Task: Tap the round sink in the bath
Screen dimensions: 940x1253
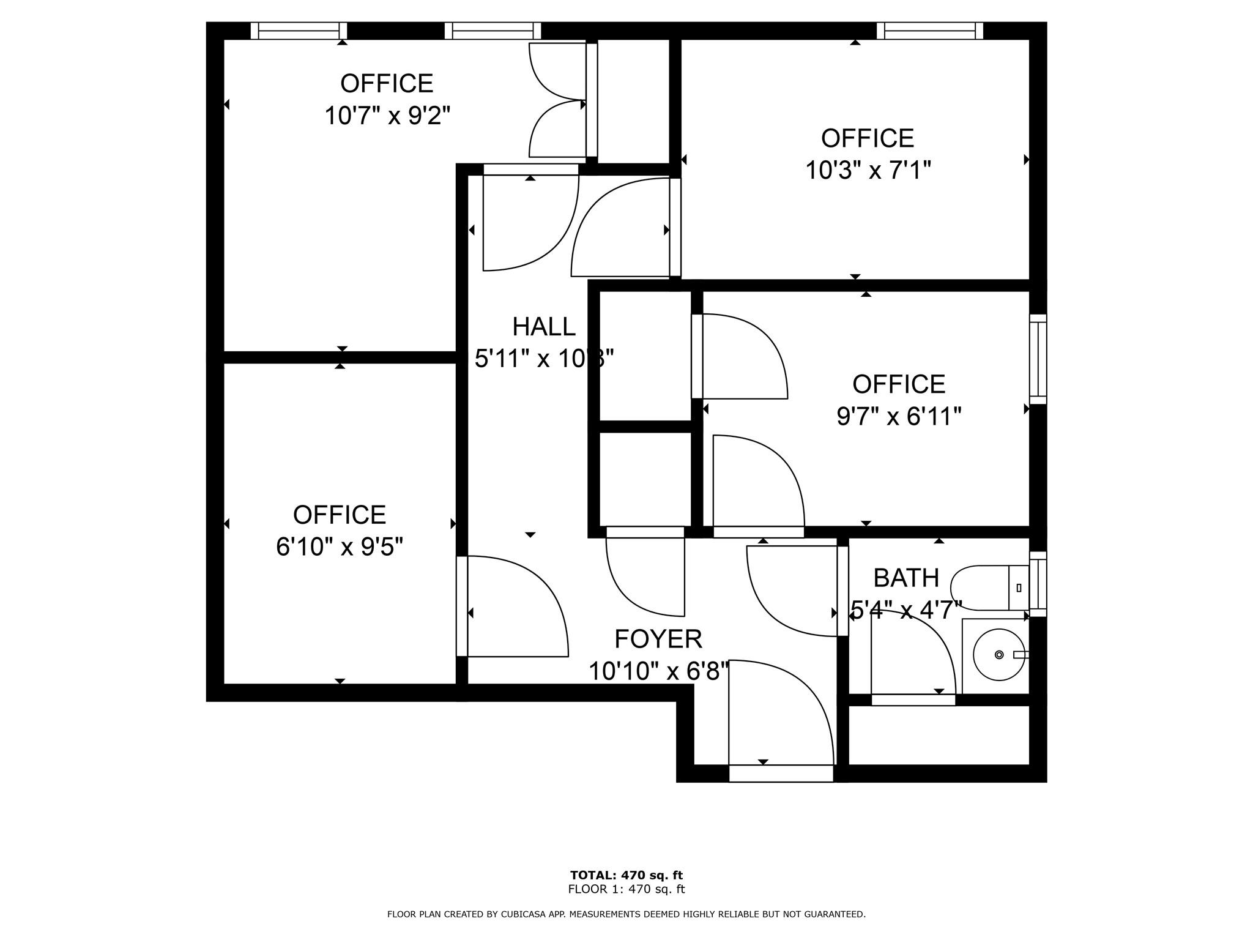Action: pyautogui.click(x=998, y=655)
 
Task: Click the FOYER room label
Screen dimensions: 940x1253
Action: pyautogui.click(x=658, y=639)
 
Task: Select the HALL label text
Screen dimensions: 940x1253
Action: pyautogui.click(x=543, y=327)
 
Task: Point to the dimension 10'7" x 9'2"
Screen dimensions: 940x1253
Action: pyautogui.click(x=387, y=115)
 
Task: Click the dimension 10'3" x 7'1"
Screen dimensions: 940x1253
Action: pyautogui.click(x=867, y=170)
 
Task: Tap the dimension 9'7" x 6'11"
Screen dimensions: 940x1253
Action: pyautogui.click(x=898, y=417)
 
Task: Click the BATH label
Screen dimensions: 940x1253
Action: pyautogui.click(x=905, y=578)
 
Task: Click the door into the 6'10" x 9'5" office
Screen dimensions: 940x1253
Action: pyautogui.click(x=514, y=606)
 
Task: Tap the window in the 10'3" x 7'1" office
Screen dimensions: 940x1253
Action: pyautogui.click(x=929, y=31)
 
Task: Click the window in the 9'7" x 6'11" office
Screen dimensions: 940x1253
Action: pyautogui.click(x=1038, y=359)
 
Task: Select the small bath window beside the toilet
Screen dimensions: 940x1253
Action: pyautogui.click(x=1038, y=584)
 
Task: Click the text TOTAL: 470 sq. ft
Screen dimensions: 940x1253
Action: pyautogui.click(x=626, y=875)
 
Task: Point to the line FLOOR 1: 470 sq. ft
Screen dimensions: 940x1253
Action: pyautogui.click(x=626, y=889)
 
